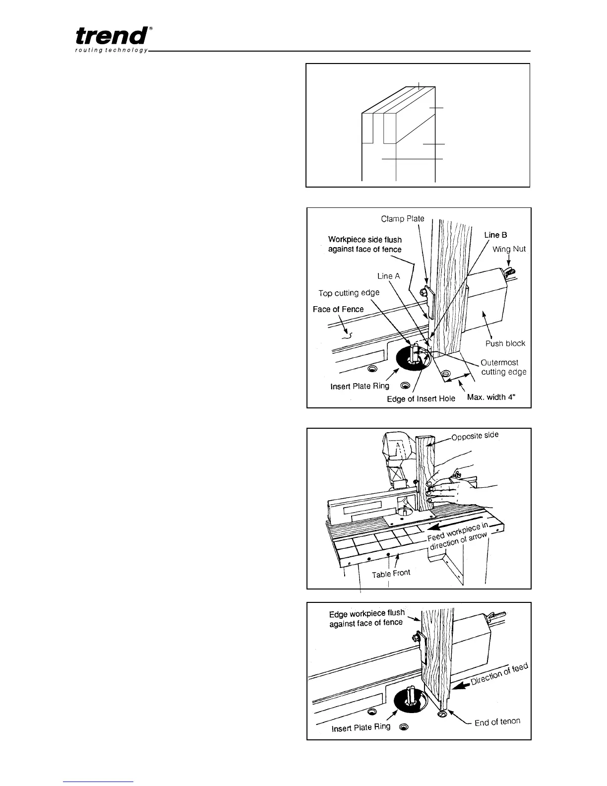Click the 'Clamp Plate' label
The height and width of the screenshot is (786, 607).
(x=403, y=218)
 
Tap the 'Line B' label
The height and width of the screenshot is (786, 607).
(x=495, y=235)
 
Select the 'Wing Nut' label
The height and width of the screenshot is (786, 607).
(x=509, y=249)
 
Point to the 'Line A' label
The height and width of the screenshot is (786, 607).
(x=388, y=276)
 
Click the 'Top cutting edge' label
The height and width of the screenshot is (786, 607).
(x=349, y=293)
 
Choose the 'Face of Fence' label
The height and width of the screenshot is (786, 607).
(x=338, y=309)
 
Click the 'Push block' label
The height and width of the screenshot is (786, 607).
(x=505, y=343)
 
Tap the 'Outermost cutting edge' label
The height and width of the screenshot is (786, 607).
(x=503, y=367)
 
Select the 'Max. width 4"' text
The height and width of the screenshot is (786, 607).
(x=494, y=397)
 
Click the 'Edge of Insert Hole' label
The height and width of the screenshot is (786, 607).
(x=421, y=398)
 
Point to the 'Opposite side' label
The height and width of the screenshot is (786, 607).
(x=475, y=437)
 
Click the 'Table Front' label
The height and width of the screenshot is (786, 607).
(x=391, y=574)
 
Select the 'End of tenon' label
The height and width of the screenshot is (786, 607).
(x=497, y=722)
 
